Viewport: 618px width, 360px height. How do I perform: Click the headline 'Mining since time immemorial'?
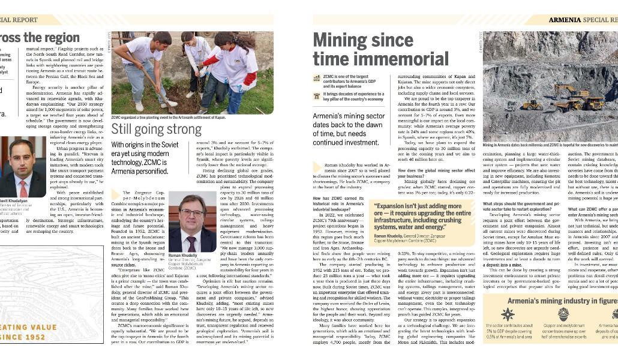pos(380,50)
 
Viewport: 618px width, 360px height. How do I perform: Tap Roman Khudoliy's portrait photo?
pos(191,221)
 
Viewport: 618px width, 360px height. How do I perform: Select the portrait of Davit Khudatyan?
pos(22,169)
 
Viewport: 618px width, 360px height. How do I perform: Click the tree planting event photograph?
pos(192,72)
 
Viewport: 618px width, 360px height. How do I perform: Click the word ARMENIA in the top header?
pos(565,20)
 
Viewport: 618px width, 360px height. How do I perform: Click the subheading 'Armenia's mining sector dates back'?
pos(349,129)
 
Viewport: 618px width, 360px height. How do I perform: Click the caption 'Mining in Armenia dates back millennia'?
pos(550,145)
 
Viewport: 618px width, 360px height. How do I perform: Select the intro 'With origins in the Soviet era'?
pos(145,158)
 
